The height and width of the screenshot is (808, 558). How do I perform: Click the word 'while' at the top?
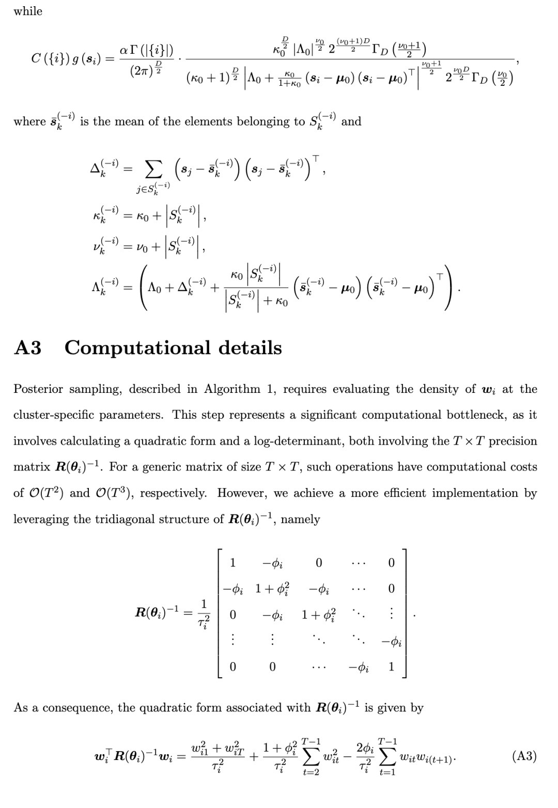point(28,11)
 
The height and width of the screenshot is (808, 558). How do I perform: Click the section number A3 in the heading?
point(27,347)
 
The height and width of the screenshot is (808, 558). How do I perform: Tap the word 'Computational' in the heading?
point(137,347)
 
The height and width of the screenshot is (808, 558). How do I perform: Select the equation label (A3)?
point(524,756)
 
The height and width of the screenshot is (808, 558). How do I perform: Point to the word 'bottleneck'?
point(468,415)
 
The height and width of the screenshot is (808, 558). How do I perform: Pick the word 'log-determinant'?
point(299,441)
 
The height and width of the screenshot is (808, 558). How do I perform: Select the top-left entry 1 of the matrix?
point(233,562)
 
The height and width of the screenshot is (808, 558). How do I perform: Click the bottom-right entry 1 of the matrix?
point(391,667)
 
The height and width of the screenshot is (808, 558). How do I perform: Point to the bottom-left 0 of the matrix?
point(233,667)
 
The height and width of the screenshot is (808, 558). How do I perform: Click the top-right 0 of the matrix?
point(391,562)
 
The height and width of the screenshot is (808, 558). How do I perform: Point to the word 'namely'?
point(300,519)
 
